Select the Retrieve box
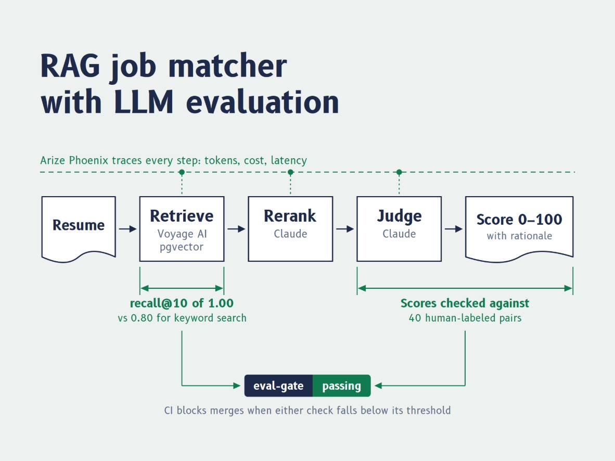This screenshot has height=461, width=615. coord(182,229)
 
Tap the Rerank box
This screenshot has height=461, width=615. coord(290,229)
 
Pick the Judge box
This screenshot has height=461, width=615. coord(399,229)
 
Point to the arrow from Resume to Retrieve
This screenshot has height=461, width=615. coord(128,229)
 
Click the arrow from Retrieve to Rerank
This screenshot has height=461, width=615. coord(236,229)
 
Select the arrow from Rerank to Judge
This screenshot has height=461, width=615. coord(345,229)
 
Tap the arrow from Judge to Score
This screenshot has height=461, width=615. coord(453,229)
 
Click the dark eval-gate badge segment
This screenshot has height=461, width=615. coord(278,386)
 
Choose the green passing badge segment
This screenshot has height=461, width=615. coord(342,386)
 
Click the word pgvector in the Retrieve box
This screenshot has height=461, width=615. coord(182,247)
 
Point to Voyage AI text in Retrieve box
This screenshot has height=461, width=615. coord(182,234)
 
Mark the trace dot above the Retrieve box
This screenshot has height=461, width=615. coord(182,172)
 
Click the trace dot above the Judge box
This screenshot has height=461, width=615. coord(399,172)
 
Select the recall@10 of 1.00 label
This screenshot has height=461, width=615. coord(182,303)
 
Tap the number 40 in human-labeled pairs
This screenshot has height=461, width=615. coord(415,318)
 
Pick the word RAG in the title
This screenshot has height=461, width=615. coord(70,66)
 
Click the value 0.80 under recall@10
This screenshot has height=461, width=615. coord(142,318)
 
